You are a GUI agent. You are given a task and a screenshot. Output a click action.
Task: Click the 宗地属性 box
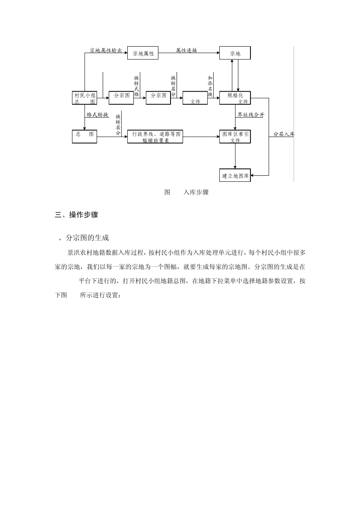(142, 53)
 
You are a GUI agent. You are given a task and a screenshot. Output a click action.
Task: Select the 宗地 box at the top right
(235, 53)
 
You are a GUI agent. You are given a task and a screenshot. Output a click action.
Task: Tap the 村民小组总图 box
(85, 98)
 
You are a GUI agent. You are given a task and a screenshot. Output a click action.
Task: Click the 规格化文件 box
(235, 98)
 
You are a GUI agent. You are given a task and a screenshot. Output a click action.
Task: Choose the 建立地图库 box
(235, 175)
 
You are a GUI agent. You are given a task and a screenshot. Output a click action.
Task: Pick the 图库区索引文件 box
(235, 137)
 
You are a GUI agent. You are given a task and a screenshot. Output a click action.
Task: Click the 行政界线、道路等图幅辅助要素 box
(155, 137)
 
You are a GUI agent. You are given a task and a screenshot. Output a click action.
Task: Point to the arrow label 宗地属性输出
(106, 50)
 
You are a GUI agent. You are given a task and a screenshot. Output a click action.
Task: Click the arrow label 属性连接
(186, 50)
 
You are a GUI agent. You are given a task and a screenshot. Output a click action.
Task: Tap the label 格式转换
(97, 115)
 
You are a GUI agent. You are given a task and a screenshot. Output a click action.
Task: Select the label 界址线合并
(251, 115)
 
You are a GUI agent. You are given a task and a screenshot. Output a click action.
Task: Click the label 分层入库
(283, 134)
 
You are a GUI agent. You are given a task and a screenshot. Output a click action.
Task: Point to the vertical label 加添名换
(210, 86)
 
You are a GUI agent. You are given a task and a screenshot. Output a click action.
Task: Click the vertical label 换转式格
(136, 86)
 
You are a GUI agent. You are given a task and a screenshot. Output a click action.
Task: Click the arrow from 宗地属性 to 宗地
(189, 53)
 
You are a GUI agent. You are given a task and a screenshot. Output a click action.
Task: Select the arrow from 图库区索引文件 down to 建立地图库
(235, 156)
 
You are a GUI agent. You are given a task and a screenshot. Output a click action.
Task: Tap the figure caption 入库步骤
(196, 192)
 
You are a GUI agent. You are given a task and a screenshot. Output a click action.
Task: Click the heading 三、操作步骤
(77, 215)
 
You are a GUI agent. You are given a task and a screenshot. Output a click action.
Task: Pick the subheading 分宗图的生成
(87, 238)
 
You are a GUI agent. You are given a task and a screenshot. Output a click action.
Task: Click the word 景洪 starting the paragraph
(74, 253)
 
